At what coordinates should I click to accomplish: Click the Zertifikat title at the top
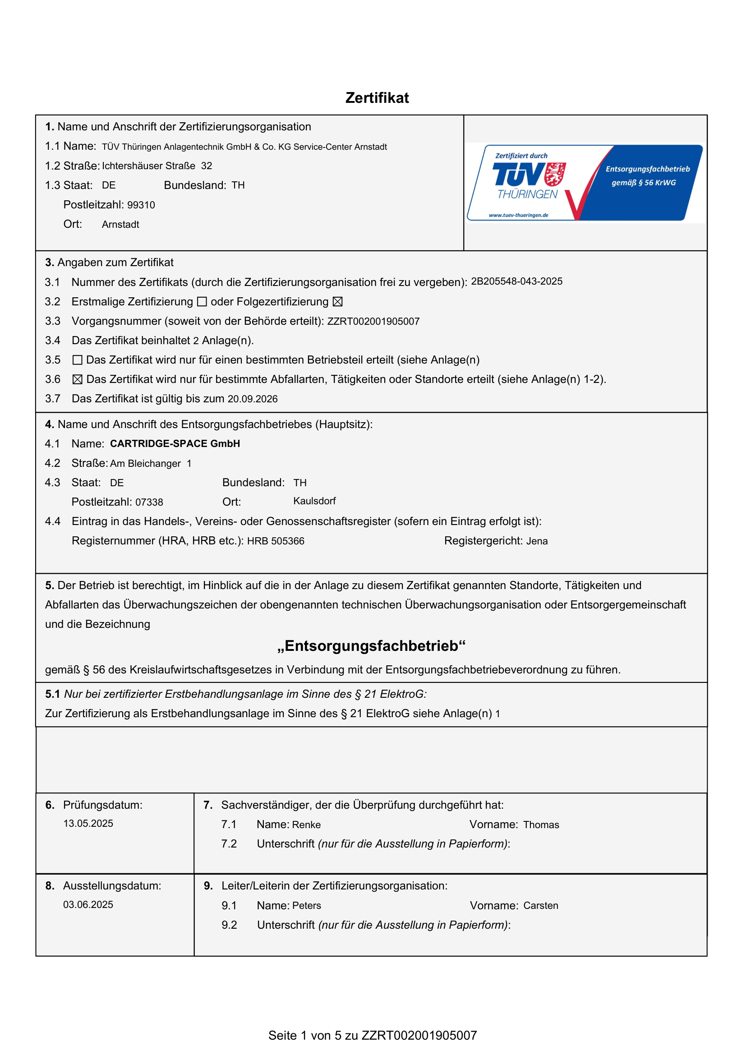377,98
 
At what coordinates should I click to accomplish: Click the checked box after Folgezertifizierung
338,302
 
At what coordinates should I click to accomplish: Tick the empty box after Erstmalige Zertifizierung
202,302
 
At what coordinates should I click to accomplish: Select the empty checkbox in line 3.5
78,360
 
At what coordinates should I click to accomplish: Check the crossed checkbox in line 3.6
78,379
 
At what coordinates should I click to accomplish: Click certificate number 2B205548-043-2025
516,281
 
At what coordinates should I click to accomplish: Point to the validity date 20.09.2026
253,399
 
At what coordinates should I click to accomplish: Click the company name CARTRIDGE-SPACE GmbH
175,444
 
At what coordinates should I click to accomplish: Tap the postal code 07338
149,502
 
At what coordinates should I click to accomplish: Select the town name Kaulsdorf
314,501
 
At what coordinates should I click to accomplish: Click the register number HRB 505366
276,541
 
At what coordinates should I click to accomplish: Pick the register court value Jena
537,541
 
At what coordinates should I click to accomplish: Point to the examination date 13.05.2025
88,824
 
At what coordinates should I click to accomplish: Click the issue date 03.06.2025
88,905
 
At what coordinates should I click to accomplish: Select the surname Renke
306,825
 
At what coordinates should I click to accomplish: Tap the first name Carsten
541,906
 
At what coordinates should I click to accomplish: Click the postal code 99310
141,205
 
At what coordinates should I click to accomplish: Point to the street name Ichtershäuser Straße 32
157,166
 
